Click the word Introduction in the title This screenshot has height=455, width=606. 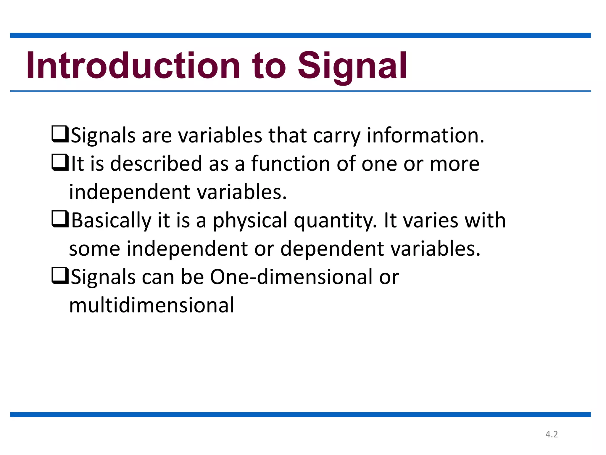coord(133,65)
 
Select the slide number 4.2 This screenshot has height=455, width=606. coord(552,434)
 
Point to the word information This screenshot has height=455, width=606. coord(425,135)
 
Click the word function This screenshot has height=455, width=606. coord(291,164)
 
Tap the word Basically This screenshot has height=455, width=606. coord(111,221)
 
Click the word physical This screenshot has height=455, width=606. coord(250,221)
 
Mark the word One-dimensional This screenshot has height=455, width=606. coord(291,277)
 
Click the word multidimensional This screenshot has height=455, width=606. coord(151,305)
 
